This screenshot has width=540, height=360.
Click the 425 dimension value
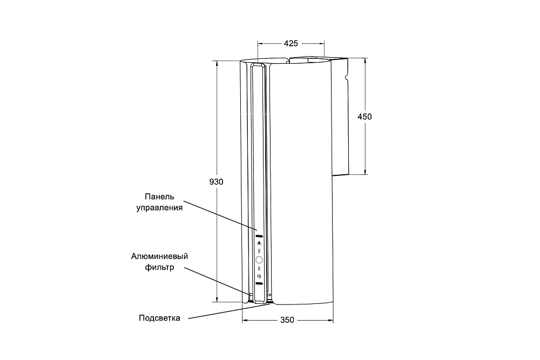tap(291, 43)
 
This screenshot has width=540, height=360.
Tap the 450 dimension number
tap(364, 117)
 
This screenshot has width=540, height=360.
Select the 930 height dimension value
tap(217, 182)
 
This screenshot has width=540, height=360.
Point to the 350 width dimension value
tap(287, 320)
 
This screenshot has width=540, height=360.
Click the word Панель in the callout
tap(159, 196)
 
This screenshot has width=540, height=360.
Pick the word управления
tap(159, 208)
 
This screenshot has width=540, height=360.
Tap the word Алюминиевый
tap(159, 256)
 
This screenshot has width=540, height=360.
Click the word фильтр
tap(159, 267)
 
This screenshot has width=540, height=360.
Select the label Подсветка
tap(159, 318)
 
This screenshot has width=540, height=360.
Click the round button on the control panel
tap(259, 260)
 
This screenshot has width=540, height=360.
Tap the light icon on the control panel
tap(259, 243)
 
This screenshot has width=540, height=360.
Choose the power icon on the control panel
tap(259, 276)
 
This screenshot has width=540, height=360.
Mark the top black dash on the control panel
tap(259, 236)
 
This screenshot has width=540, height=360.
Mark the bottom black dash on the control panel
tap(259, 283)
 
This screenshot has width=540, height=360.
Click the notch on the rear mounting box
tap(347, 76)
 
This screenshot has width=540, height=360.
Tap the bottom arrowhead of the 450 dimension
tap(365, 172)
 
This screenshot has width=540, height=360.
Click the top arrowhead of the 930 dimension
tap(217, 64)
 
